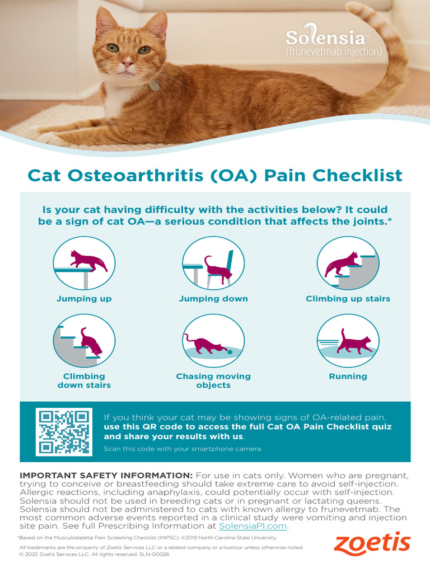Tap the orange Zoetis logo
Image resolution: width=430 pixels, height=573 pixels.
[x=372, y=544]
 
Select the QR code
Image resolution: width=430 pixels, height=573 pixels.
[x=63, y=431]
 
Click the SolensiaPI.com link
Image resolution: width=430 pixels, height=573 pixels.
[x=253, y=526]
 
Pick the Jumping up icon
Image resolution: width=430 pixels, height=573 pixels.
[x=84, y=263]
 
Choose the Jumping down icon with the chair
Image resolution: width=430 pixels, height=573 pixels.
[x=213, y=263]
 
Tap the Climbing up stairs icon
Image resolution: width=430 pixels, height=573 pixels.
[x=348, y=263]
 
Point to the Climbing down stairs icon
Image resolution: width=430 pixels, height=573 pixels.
[x=84, y=340]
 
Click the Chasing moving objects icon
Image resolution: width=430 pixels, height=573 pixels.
[x=213, y=340]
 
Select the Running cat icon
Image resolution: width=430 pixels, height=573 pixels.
[x=348, y=340]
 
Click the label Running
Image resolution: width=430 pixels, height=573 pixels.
[x=348, y=377]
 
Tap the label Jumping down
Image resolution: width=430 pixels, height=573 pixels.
[x=213, y=299]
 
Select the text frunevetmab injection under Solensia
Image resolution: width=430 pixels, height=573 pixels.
[x=334, y=52]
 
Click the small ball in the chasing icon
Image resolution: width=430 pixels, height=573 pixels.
[x=230, y=351]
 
